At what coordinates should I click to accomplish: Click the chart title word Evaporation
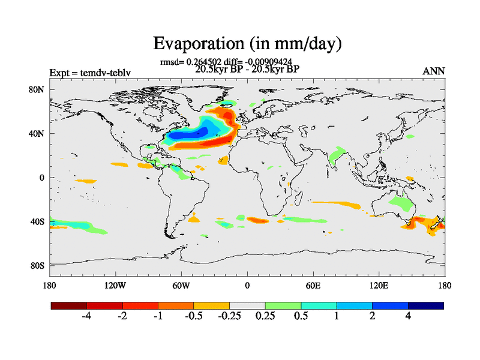tap(195, 43)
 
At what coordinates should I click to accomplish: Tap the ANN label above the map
tap(434, 71)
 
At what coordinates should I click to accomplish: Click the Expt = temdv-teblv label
tap(90, 73)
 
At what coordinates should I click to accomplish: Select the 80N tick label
tap(37, 90)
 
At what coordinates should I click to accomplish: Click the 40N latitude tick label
tap(37, 134)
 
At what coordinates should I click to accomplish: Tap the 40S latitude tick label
tap(37, 222)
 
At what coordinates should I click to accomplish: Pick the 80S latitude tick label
tap(37, 266)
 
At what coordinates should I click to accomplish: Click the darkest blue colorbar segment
tap(425, 305)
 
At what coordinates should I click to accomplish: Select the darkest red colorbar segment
tap(69, 305)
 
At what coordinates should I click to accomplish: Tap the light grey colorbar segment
tap(247, 305)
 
